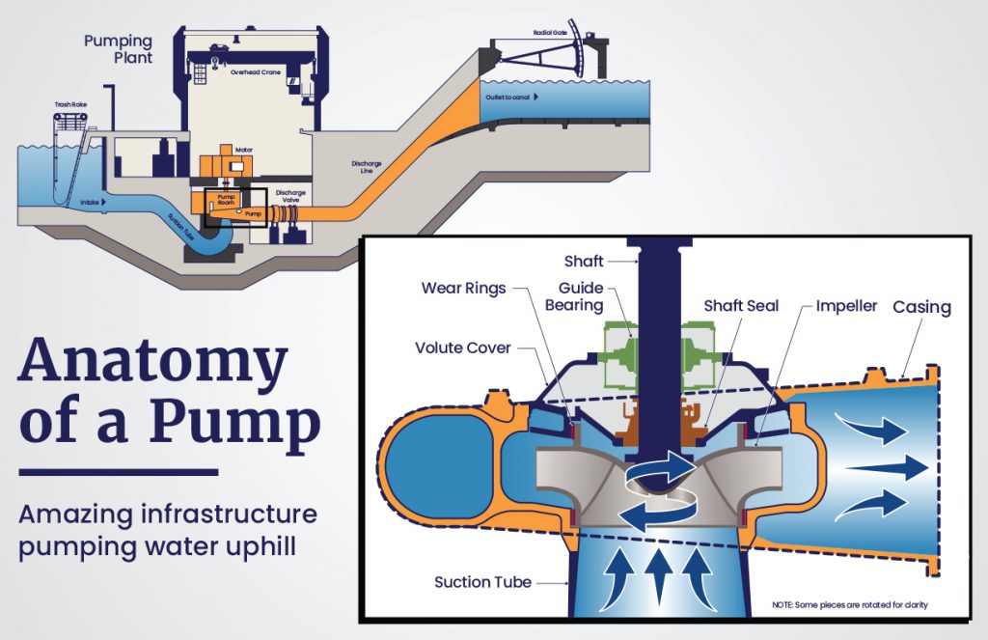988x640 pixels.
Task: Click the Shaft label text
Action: (584, 261)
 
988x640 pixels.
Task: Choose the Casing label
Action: (920, 307)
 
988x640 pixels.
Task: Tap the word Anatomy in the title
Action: (152, 363)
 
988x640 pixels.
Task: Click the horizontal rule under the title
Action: (118, 472)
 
